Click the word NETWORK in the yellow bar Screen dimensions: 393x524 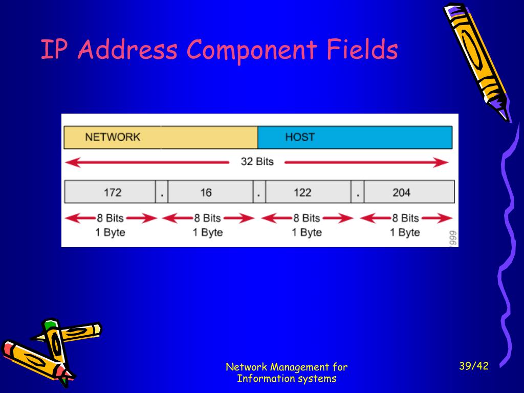coord(113,137)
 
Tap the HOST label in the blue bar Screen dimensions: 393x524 coord(300,137)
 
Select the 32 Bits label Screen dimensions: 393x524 coord(257,162)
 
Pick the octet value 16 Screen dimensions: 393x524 coord(206,192)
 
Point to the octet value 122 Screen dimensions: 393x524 coord(302,192)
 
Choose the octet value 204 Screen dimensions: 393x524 coord(401,192)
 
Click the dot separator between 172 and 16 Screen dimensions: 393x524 coord(162,193)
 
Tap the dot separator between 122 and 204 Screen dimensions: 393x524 coord(357,193)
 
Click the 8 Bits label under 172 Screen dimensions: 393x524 coord(110,218)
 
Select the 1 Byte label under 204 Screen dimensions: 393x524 coord(405,232)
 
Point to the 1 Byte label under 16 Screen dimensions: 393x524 coord(208,232)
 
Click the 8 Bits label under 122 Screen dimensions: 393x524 coord(307,218)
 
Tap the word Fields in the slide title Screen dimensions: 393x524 coord(361,50)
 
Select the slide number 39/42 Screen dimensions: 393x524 coord(474,366)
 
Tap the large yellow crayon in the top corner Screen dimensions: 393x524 coord(476,59)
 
